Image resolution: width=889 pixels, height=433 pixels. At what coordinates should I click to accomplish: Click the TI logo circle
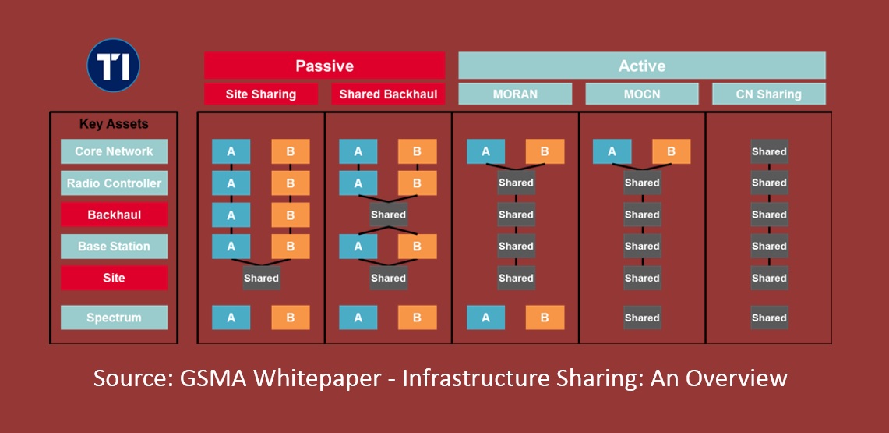114,66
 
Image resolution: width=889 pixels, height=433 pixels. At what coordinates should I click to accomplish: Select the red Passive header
324,66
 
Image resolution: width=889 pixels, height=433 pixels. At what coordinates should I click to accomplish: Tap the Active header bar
641,66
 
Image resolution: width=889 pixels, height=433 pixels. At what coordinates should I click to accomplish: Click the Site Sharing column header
261,94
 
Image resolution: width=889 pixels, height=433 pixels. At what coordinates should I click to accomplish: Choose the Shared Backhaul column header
388,94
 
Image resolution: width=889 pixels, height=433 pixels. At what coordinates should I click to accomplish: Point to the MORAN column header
515,94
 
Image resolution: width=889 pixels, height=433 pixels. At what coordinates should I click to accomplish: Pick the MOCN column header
642,94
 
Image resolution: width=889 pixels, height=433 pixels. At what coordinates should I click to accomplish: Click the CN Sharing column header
768,94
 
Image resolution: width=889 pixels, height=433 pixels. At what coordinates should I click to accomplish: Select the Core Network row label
114,151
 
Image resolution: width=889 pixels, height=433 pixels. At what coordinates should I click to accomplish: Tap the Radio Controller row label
114,183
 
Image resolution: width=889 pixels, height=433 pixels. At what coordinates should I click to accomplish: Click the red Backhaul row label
114,215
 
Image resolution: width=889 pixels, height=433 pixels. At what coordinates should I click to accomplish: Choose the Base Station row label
114,247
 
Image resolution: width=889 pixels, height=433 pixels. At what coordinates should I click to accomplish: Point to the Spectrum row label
114,318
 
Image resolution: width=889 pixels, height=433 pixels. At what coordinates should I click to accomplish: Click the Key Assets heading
114,124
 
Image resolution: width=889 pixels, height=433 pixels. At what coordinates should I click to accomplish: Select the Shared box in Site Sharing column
261,278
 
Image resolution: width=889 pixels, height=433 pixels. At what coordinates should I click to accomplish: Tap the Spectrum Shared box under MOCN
642,318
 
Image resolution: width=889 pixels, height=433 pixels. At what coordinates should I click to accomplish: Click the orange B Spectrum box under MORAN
545,318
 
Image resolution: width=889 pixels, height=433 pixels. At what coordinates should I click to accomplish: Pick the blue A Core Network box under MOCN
612,151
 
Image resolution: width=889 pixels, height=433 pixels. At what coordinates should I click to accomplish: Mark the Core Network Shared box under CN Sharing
769,151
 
